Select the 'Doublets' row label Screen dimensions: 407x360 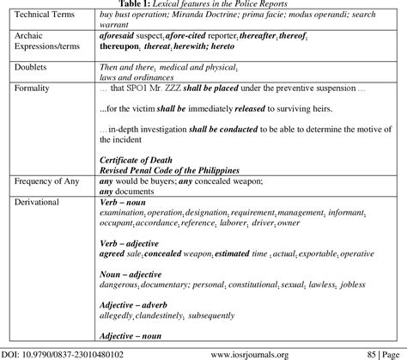click(x=28, y=68)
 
